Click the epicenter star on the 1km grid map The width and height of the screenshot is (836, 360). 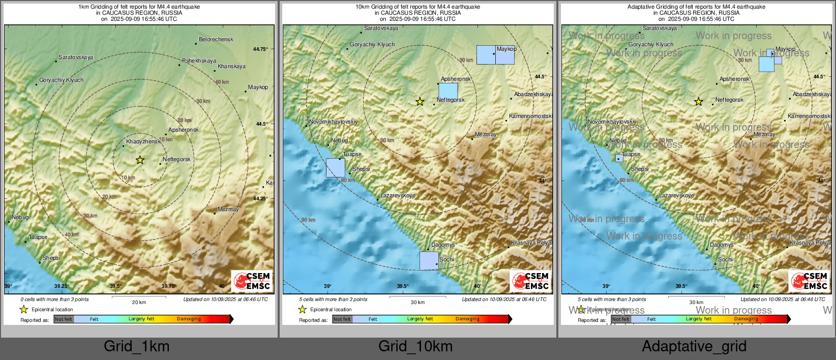140,160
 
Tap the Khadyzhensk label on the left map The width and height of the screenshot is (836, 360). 143,142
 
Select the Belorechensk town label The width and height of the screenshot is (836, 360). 216,39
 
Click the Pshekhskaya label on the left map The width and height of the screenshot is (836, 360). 199,61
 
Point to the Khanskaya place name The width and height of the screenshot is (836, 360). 231,67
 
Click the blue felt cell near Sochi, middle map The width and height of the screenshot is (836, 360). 429,260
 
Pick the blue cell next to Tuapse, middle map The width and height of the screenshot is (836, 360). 335,168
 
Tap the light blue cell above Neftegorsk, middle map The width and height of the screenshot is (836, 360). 448,91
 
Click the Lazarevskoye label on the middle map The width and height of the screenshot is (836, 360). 398,195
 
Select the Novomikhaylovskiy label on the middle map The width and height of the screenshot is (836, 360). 333,122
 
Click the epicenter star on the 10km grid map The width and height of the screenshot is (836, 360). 420,102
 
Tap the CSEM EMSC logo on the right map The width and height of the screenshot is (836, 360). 809,281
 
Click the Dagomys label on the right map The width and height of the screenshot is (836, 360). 722,245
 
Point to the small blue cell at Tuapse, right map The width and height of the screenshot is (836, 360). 619,158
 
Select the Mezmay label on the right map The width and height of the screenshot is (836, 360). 764,135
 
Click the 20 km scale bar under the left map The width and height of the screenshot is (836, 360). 139,297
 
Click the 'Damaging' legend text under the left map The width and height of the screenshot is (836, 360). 189,319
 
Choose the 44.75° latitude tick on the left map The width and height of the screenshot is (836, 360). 260,49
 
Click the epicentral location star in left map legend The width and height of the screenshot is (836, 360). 23,309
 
